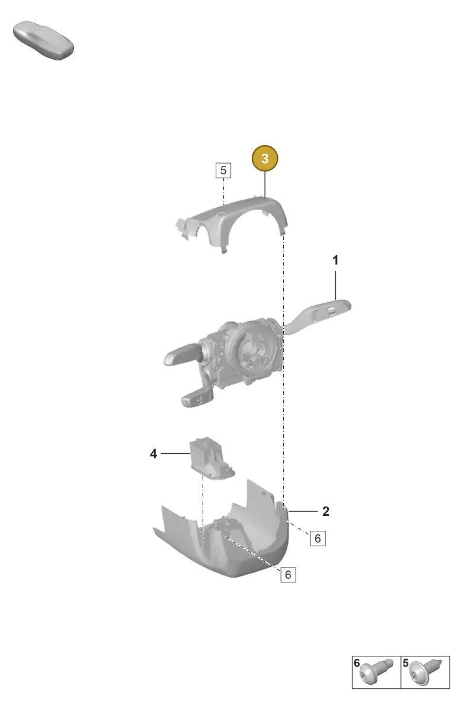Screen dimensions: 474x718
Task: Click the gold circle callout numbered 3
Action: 265,158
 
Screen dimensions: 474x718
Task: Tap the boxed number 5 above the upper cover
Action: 223,170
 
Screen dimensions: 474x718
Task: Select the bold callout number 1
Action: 335,260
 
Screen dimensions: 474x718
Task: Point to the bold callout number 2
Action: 326,511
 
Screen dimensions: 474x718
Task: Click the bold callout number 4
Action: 153,454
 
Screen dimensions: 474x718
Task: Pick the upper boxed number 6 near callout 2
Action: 318,538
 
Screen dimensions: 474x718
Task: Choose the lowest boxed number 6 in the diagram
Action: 288,575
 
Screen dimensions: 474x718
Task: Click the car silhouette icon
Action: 44,40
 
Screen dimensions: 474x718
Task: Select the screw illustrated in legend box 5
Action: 425,672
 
